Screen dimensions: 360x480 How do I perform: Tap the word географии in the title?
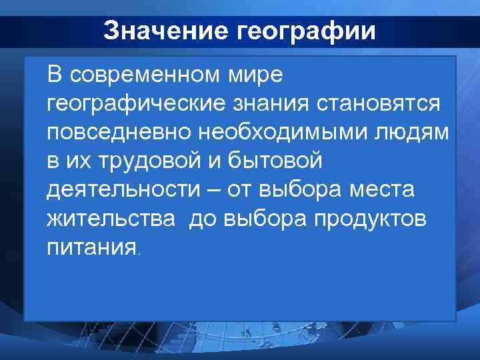point(305,31)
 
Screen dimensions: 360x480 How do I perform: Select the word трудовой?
point(151,161)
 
